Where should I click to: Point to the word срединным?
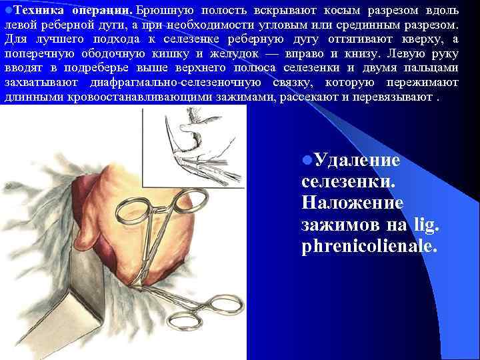(366, 25)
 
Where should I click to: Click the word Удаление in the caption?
(357, 161)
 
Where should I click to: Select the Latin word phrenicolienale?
(371, 247)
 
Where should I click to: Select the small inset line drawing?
(194, 147)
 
